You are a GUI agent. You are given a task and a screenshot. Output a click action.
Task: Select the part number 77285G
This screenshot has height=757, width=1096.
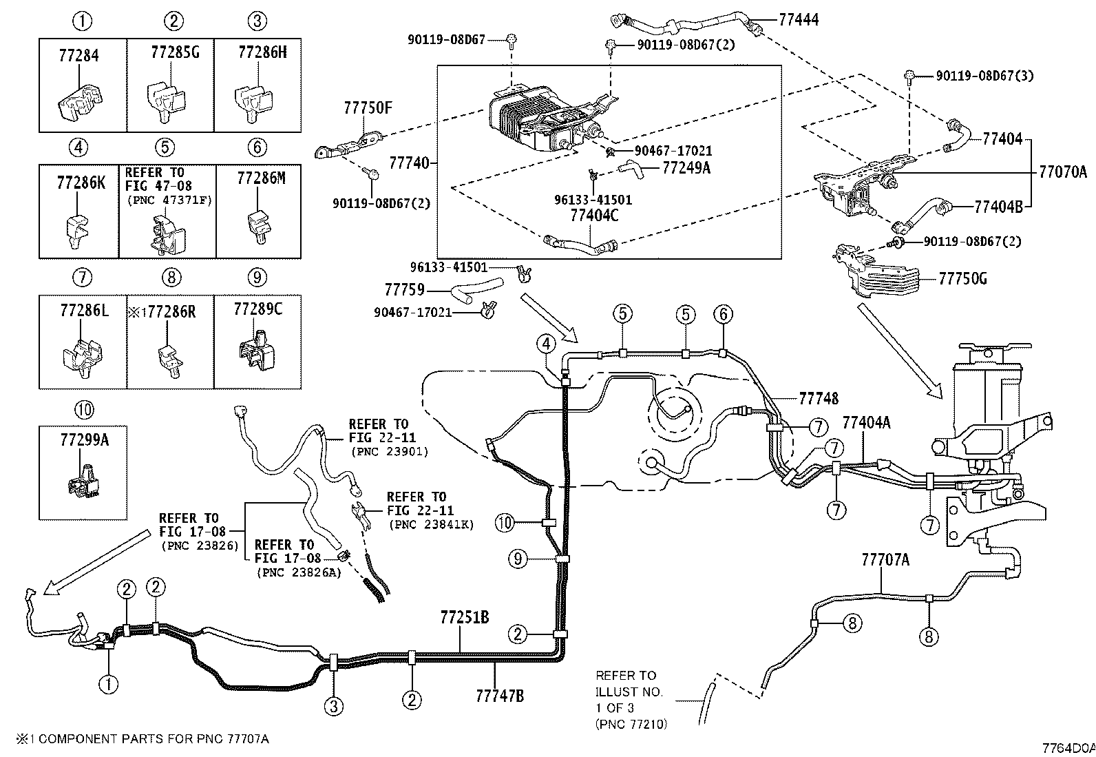[175, 52]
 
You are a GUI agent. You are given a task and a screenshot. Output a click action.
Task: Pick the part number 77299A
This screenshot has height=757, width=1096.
[84, 441]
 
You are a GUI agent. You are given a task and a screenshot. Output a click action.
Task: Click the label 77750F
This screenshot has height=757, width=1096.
[368, 108]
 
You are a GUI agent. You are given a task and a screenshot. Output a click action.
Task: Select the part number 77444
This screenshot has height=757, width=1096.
[799, 19]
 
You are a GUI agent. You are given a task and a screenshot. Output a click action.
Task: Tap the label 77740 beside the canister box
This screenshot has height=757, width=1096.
[410, 163]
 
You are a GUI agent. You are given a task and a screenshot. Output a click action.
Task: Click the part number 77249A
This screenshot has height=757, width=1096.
[686, 167]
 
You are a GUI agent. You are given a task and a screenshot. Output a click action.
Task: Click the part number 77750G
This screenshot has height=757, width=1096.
[962, 279]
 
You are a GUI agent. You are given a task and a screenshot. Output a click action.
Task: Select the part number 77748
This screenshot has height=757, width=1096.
[819, 398]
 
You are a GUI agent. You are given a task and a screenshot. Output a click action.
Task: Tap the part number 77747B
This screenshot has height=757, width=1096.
[499, 696]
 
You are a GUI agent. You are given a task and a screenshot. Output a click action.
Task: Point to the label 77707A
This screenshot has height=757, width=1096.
[885, 559]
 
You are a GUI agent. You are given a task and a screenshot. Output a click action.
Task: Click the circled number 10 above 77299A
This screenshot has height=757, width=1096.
[84, 410]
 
